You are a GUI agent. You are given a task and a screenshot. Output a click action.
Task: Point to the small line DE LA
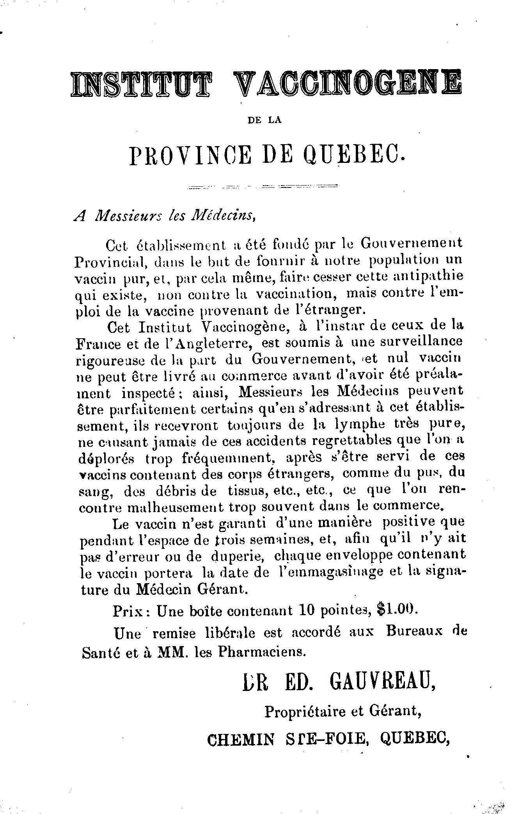264,121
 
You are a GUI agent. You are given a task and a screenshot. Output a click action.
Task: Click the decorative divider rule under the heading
262,186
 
